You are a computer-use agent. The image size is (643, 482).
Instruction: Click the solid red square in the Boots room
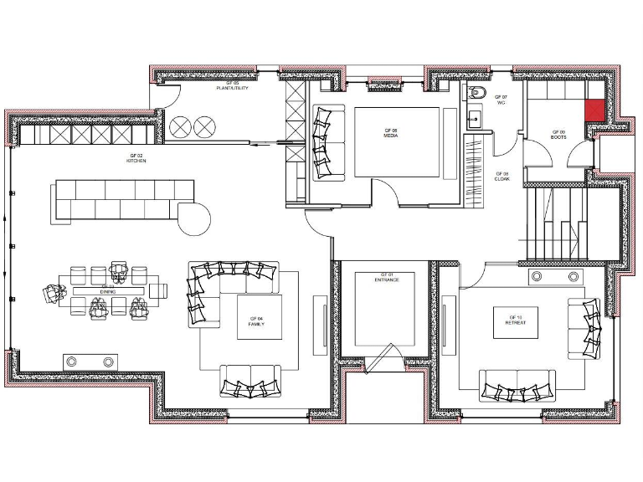coord(594,110)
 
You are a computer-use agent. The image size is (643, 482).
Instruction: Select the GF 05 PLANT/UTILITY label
coord(232,85)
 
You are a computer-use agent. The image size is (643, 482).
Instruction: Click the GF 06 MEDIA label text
coord(390,133)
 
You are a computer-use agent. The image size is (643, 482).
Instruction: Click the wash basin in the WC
coord(474,118)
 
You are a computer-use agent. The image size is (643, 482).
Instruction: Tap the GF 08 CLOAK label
coord(502,177)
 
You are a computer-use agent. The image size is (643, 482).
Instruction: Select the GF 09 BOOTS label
coord(558,133)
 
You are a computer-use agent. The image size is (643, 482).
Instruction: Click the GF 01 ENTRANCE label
coord(386,277)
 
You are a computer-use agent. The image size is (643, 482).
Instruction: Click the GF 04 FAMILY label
coord(256,320)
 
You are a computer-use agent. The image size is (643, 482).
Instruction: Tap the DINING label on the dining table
coord(108,287)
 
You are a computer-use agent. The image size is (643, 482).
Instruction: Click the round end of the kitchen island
coord(198,220)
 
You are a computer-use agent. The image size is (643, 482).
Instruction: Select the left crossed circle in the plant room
coord(180,126)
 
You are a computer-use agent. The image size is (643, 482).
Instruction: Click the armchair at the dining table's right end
coord(159,290)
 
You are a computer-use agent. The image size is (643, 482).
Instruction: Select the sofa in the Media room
coord(328,142)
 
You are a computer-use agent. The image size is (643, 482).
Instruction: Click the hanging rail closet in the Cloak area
coord(474,167)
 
